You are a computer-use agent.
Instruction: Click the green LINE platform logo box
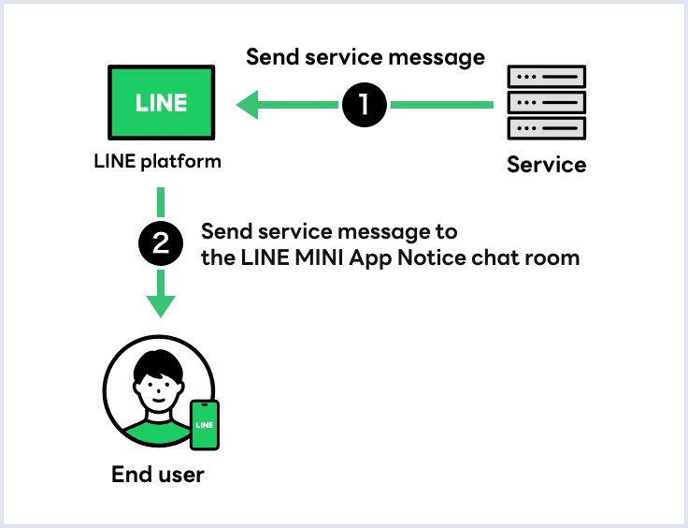(161, 102)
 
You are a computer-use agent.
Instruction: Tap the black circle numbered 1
(365, 105)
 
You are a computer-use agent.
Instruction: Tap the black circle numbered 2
(161, 244)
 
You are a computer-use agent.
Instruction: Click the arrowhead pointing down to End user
(161, 305)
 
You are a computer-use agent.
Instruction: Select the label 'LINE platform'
(158, 161)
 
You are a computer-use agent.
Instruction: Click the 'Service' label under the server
(546, 165)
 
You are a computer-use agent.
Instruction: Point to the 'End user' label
(157, 475)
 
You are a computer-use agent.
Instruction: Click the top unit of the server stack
(546, 77)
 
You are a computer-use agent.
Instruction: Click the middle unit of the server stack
(546, 102)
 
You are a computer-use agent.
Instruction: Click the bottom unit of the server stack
(546, 127)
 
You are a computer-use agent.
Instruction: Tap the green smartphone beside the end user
(204, 426)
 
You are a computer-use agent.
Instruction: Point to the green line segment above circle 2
(161, 202)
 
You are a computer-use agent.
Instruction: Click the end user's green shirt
(154, 432)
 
